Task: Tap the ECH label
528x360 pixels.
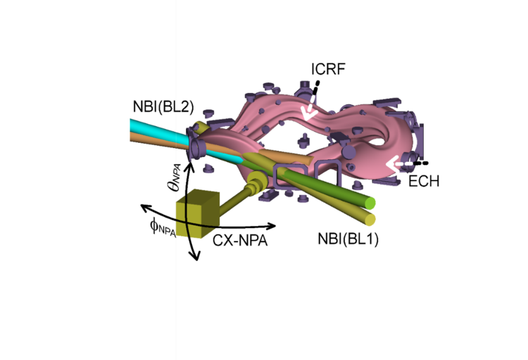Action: pos(425,181)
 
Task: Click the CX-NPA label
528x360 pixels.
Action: pos(239,240)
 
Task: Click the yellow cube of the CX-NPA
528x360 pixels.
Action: pos(194,217)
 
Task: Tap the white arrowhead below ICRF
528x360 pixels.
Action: pos(307,113)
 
